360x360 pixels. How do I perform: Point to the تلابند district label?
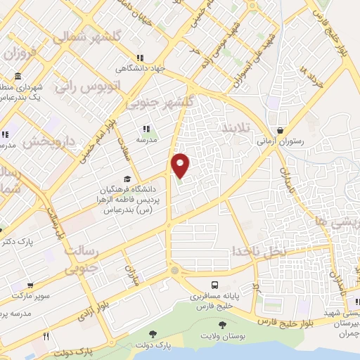(x=236, y=131)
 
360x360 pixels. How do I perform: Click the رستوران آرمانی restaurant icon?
(x=281, y=130)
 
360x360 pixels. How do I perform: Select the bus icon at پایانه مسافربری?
(x=214, y=285)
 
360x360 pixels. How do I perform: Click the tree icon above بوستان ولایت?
(x=223, y=325)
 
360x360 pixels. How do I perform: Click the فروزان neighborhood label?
(x=21, y=53)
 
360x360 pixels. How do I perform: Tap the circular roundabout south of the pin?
(x=174, y=270)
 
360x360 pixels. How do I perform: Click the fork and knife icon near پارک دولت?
(x=46, y=337)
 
